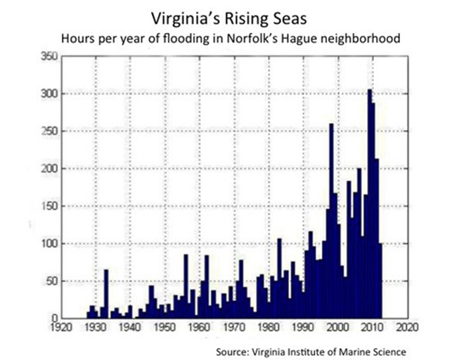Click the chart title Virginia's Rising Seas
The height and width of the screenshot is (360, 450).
(x=224, y=15)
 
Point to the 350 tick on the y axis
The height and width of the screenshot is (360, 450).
(x=47, y=56)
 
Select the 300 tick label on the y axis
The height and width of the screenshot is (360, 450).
(x=47, y=94)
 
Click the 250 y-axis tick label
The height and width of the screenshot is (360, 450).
(x=47, y=131)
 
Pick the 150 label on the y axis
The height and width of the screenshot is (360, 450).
(x=47, y=207)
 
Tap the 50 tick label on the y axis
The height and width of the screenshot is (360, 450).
(x=49, y=281)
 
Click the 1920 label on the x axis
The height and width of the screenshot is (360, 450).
(x=61, y=328)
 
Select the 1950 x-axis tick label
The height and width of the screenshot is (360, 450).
(x=165, y=328)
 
